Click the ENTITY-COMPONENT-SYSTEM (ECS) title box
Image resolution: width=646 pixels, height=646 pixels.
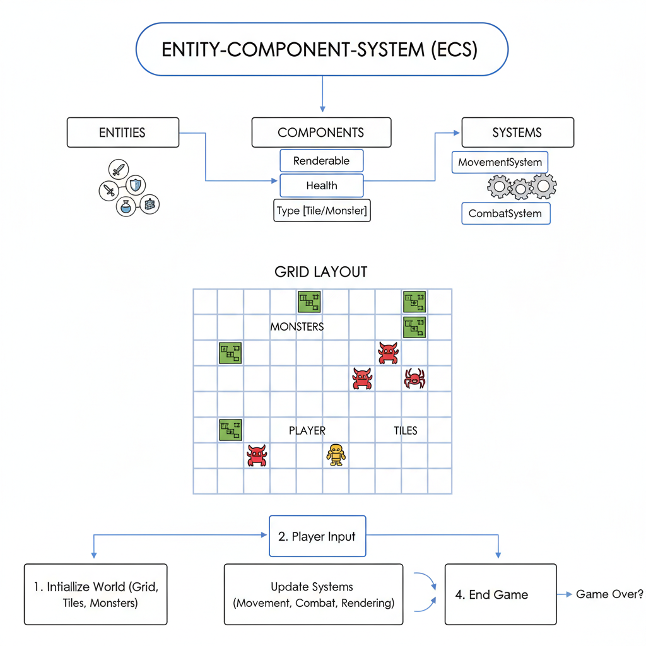point(322,49)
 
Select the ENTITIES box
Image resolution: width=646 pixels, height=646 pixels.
point(122,132)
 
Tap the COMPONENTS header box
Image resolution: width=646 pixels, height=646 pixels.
point(321,132)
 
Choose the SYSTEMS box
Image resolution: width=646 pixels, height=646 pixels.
point(517,132)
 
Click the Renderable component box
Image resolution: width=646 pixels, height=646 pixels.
point(322,161)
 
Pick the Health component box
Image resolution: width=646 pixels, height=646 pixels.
point(322,185)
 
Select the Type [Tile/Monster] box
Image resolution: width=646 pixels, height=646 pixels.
point(322,210)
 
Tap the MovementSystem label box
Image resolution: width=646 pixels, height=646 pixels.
point(500,162)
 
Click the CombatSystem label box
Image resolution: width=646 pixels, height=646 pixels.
point(505,213)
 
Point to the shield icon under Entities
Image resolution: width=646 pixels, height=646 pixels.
point(136,185)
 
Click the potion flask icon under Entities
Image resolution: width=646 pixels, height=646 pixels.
point(127,206)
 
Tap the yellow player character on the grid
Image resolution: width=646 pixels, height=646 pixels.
point(336,454)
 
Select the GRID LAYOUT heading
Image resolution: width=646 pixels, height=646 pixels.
point(321,272)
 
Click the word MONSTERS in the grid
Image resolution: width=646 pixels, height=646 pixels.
point(297,327)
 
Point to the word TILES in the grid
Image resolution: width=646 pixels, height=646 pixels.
point(406,430)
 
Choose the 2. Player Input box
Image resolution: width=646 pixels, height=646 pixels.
point(317,537)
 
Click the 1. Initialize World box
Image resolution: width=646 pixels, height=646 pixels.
point(96,594)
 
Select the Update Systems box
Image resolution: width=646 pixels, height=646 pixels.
point(313,594)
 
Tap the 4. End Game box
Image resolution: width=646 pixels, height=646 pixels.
point(500,594)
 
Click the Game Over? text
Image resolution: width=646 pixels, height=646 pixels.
point(609,594)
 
